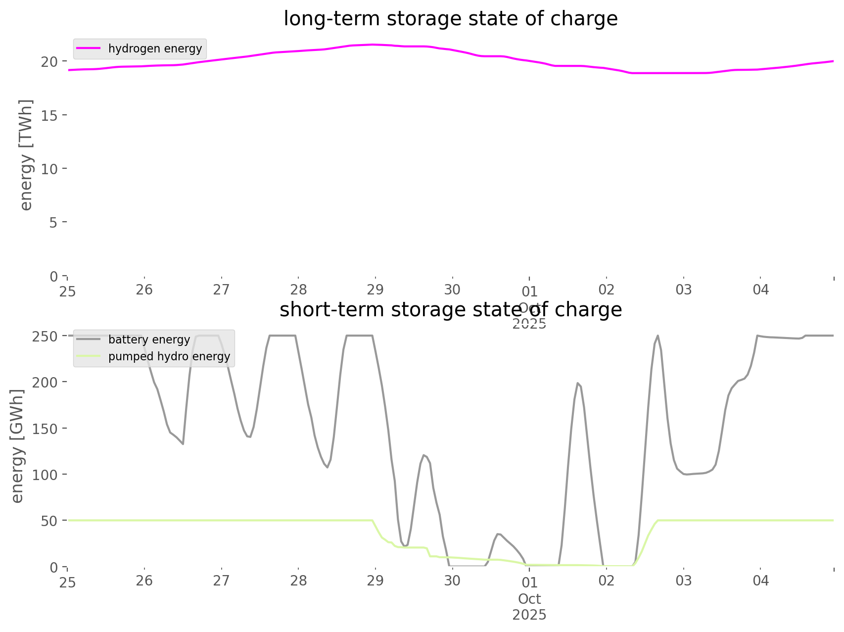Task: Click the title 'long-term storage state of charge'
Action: [450, 19]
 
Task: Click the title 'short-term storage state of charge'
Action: [450, 310]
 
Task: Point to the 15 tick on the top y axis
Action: [51, 115]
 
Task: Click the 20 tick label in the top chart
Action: [51, 61]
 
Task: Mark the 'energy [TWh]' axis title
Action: [26, 154]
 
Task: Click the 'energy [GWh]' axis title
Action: [17, 446]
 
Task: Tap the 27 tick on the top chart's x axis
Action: [221, 290]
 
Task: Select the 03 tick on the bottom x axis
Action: [684, 580]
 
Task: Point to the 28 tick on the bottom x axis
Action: [298, 580]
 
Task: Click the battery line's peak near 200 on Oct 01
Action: [577, 383]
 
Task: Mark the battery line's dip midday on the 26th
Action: [183, 444]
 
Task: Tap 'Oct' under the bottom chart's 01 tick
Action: [529, 599]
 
